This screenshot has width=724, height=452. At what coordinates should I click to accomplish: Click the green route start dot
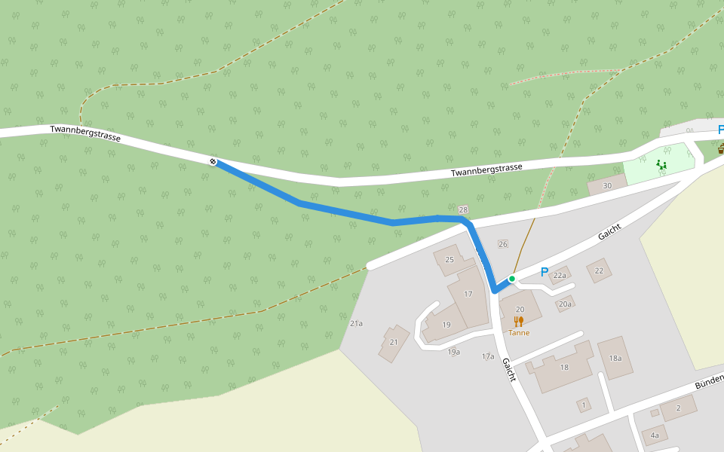[511, 279]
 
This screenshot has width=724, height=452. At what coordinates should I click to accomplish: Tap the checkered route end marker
[213, 160]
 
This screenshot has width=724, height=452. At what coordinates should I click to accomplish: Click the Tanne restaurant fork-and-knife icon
[518, 322]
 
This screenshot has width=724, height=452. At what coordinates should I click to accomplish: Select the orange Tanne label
[519, 333]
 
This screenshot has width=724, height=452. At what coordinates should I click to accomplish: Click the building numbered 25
[449, 260]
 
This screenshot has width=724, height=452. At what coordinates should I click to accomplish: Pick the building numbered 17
[468, 295]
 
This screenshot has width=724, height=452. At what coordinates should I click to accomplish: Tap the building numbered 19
[446, 325]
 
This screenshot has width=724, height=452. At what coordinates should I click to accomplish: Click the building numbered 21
[394, 342]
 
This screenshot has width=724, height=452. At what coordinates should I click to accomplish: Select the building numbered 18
[564, 367]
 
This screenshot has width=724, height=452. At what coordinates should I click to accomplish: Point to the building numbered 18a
[615, 358]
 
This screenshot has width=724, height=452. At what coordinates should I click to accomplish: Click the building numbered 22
[600, 270]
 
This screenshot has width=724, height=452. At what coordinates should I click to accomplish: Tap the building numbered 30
[607, 185]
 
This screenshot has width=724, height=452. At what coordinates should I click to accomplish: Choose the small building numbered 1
[583, 405]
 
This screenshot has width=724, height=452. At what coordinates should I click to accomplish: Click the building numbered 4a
[655, 435]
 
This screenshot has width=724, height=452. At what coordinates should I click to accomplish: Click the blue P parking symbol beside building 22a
[545, 272]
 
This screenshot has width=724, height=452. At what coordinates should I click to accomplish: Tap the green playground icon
[661, 163]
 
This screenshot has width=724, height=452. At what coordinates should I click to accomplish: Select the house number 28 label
[463, 209]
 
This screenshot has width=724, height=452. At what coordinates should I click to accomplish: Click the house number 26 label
[503, 244]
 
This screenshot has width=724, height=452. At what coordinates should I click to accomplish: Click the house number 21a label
[356, 323]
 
